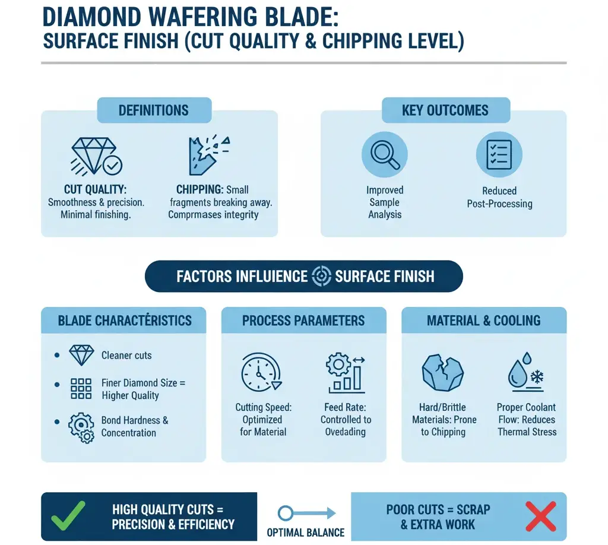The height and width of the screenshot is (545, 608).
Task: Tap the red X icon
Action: coord(540,515)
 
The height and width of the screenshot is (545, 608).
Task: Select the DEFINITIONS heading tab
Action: coord(154,110)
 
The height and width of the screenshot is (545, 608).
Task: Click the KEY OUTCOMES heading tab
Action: coord(445,110)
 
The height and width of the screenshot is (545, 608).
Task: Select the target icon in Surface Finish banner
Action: coord(321,276)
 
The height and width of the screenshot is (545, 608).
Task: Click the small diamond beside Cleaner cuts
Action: coord(81,355)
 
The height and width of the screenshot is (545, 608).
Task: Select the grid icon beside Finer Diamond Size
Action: coord(81,388)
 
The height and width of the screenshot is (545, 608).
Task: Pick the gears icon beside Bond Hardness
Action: coord(81,426)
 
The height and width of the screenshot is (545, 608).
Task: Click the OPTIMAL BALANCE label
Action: coord(306,531)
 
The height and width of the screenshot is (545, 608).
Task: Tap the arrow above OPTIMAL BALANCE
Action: coord(306,512)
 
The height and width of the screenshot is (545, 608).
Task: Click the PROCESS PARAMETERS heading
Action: coord(303,321)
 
